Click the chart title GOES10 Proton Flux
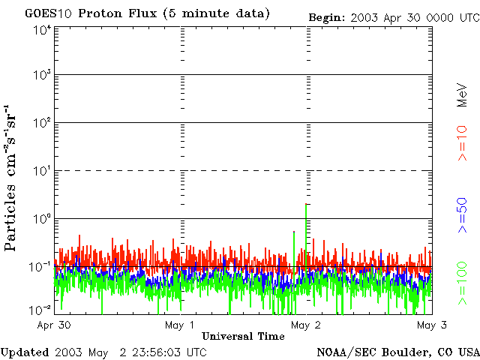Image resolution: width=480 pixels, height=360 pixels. (147, 13)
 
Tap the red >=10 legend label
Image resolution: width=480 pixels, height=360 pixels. (462, 143)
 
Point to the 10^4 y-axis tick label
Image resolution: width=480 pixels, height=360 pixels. (41, 30)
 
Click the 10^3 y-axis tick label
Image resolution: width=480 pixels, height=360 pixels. (41, 76)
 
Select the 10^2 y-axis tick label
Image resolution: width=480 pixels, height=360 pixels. (41, 123)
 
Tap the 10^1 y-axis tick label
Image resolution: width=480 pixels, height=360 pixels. (41, 171)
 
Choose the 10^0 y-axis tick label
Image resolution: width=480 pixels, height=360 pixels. (41, 219)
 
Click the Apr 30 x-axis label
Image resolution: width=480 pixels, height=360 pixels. (54, 325)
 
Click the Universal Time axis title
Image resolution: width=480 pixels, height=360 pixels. (243, 336)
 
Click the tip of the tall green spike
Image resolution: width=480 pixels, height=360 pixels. (307, 204)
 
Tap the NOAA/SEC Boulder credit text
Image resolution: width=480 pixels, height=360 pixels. (397, 352)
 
